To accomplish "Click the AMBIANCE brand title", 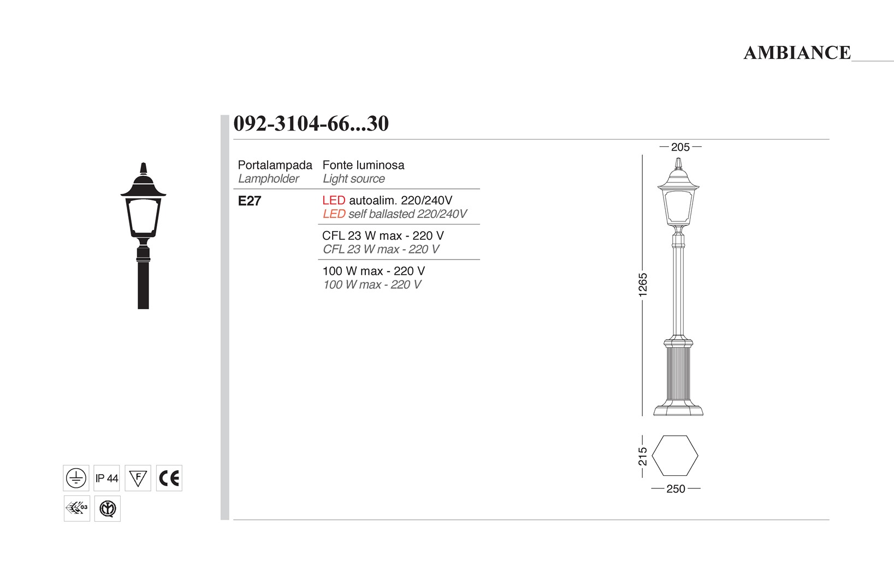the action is [797, 52].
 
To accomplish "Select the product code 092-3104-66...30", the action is [311, 123].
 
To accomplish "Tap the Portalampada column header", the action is [275, 165].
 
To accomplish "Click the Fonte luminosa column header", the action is [363, 165].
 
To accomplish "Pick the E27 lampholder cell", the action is [250, 201].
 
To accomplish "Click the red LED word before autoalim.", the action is [334, 200].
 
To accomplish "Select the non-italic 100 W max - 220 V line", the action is [374, 271].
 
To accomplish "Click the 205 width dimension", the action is [680, 147].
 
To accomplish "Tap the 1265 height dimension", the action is [643, 285].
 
